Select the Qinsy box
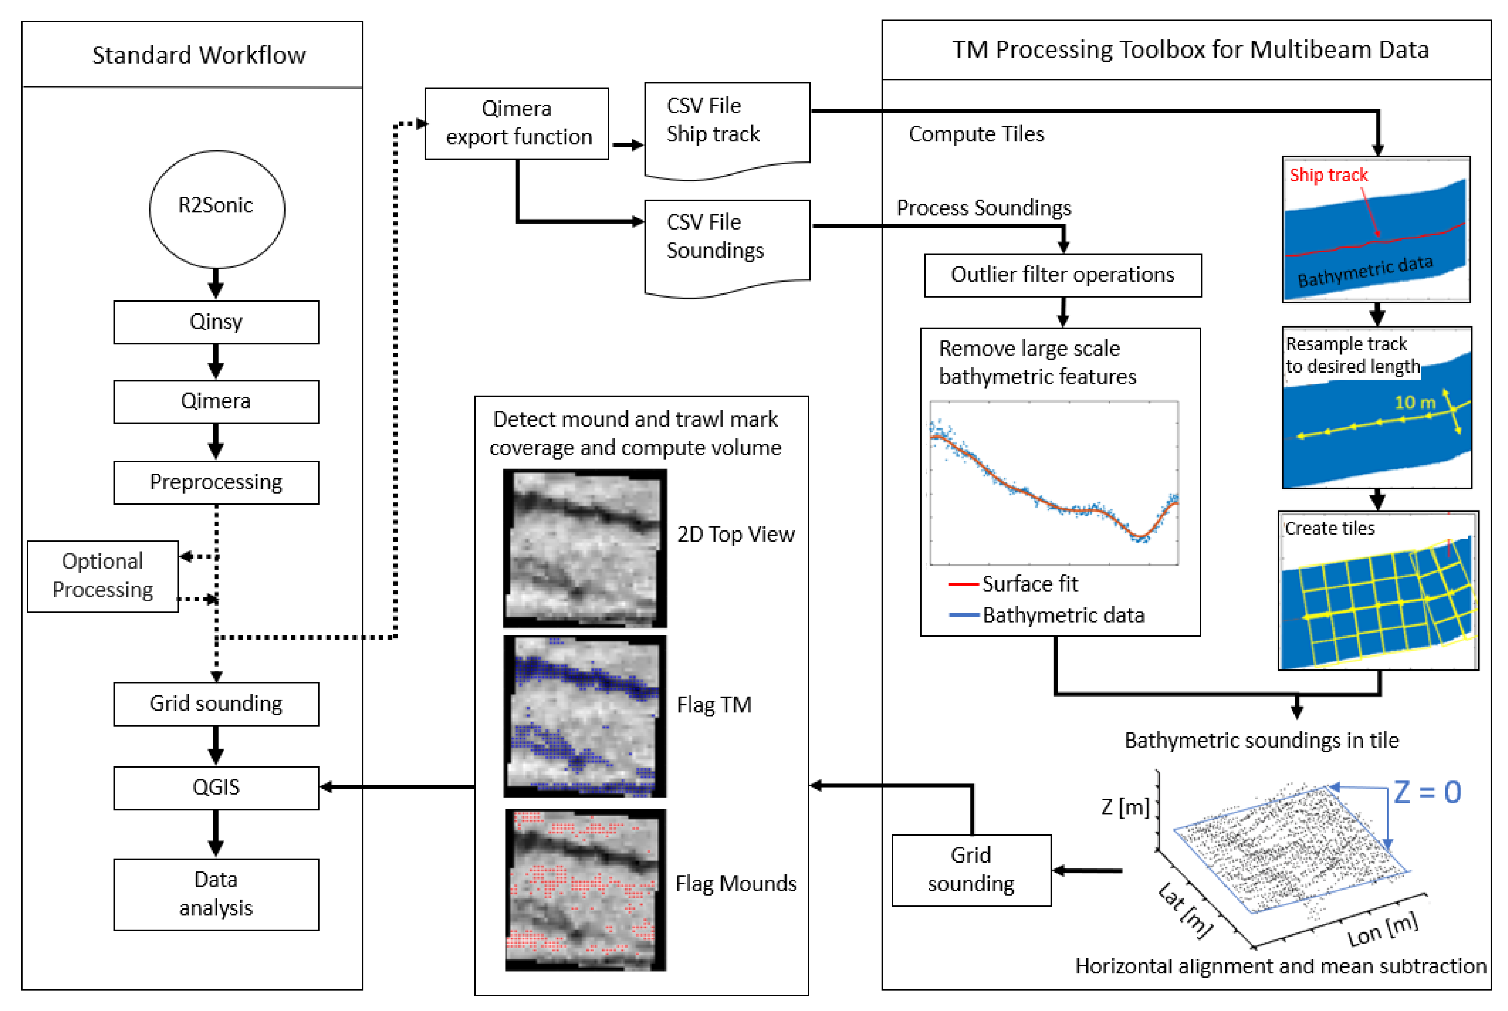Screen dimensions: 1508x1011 [x=216, y=322]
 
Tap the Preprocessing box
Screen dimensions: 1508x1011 [x=216, y=482]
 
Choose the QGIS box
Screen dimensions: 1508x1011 [x=216, y=787]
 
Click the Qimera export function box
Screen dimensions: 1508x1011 [x=517, y=123]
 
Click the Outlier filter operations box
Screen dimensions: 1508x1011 [x=1063, y=275]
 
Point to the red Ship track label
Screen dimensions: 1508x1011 [x=1328, y=175]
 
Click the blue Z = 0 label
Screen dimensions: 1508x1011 [x=1427, y=792]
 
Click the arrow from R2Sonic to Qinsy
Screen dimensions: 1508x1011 [x=216, y=284]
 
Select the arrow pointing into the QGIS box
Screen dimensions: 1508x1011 [x=397, y=787]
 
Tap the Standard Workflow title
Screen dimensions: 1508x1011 [x=199, y=55]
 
